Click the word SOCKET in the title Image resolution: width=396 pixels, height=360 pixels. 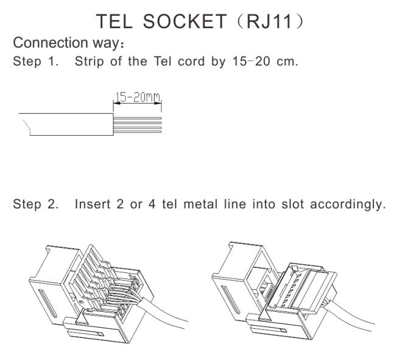tap(185, 21)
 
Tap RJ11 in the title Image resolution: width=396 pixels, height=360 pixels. tap(269, 21)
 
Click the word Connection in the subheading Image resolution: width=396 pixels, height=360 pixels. tap(50, 43)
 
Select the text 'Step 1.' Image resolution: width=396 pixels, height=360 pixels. tap(35, 62)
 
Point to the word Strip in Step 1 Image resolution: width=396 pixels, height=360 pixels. tap(90, 62)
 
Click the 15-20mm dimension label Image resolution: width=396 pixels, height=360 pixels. tap(138, 97)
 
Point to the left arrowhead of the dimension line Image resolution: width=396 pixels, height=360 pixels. tap(116, 103)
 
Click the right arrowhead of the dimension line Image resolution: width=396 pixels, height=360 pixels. tap(158, 103)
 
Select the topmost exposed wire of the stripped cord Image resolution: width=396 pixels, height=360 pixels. tap(138, 118)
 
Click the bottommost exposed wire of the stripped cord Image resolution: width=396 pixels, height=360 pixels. tap(138, 132)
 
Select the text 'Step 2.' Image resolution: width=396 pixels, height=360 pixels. tap(35, 204)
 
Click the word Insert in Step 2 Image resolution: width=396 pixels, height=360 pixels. tap(93, 204)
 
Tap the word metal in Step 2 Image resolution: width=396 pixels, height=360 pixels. tap(200, 204)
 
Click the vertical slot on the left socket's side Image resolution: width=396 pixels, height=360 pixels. tap(48, 303)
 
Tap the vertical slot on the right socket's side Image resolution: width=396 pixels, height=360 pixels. tap(230, 300)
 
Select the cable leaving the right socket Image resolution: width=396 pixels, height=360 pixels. tap(351, 316)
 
